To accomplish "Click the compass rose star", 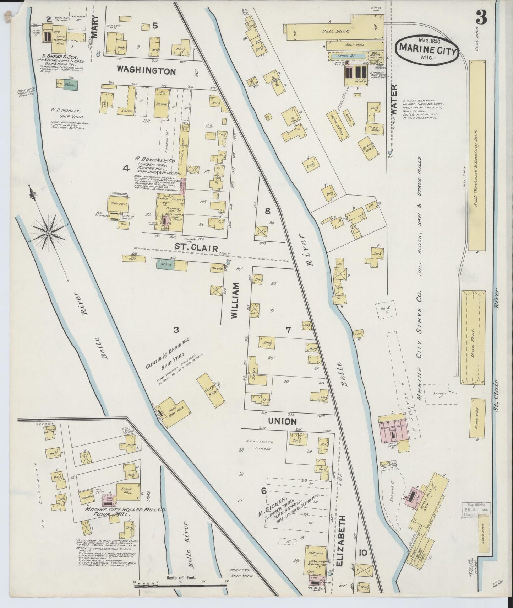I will tap(49, 233).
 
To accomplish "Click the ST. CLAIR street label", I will tap(196, 248).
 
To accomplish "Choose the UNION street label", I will tap(283, 422).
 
